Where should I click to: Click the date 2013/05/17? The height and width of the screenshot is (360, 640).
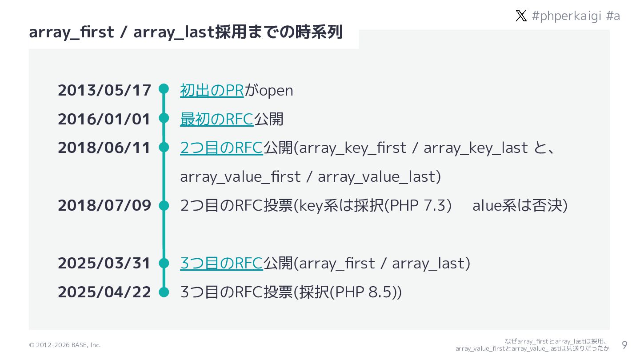(104, 90)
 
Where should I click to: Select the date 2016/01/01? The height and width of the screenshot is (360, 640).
(104, 119)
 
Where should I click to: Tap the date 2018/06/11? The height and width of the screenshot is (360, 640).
(104, 148)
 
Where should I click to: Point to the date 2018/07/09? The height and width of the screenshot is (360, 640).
(104, 205)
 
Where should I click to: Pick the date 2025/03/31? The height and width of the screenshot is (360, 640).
(104, 263)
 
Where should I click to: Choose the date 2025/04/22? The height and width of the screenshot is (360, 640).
(104, 292)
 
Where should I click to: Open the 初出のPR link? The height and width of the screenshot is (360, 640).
(212, 90)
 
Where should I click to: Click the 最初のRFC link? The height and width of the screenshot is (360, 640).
(216, 119)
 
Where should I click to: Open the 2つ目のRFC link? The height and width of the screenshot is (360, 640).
(221, 148)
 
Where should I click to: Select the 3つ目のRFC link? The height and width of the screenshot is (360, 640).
(221, 263)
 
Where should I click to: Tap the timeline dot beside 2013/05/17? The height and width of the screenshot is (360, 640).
(164, 89)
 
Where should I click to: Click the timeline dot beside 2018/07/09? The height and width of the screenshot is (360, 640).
(164, 205)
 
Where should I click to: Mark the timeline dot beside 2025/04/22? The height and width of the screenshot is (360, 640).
(164, 292)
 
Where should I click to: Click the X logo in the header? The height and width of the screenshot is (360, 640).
(521, 16)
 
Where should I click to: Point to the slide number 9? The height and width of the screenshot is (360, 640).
(624, 345)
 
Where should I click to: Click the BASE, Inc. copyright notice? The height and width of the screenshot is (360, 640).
(65, 345)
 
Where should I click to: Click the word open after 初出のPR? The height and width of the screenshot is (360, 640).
(276, 90)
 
